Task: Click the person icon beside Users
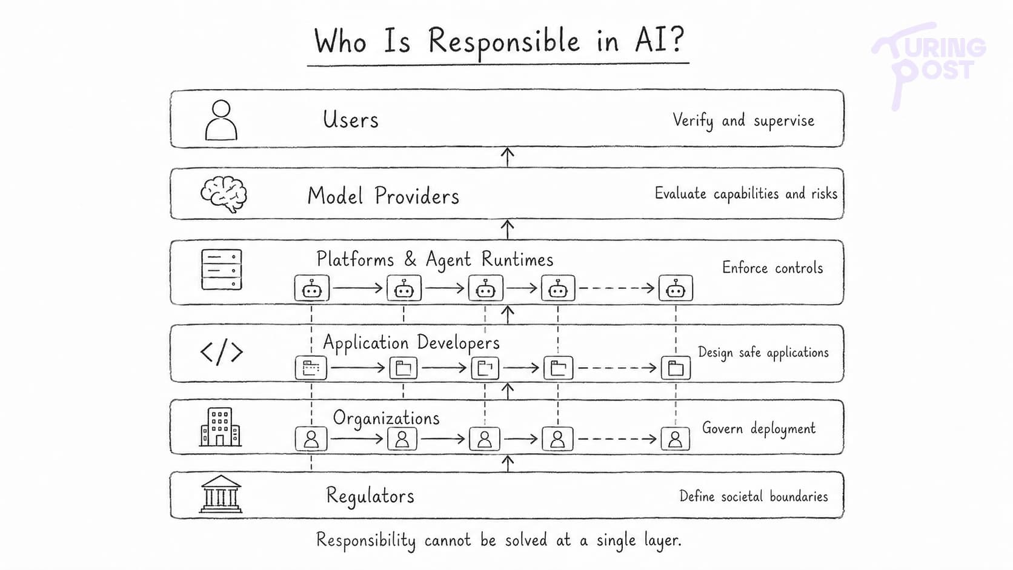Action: tap(221, 120)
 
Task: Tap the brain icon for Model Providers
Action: tap(224, 194)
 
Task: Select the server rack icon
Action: tap(222, 270)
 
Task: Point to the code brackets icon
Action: tap(222, 352)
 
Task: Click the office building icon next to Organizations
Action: tap(221, 427)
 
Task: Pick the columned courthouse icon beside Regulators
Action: tap(221, 494)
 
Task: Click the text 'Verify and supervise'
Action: tap(743, 121)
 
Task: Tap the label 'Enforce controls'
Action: tap(772, 268)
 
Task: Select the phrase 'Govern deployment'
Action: tap(759, 428)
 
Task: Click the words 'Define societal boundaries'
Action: tap(754, 496)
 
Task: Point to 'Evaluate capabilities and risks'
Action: tap(746, 193)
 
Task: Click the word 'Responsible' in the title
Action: tap(503, 42)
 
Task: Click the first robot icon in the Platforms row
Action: tap(311, 288)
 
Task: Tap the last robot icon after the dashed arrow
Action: tap(676, 288)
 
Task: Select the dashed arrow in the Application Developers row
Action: tap(617, 368)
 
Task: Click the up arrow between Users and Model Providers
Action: tap(507, 157)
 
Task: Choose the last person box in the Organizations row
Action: tap(675, 439)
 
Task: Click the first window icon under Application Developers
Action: tap(311, 368)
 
